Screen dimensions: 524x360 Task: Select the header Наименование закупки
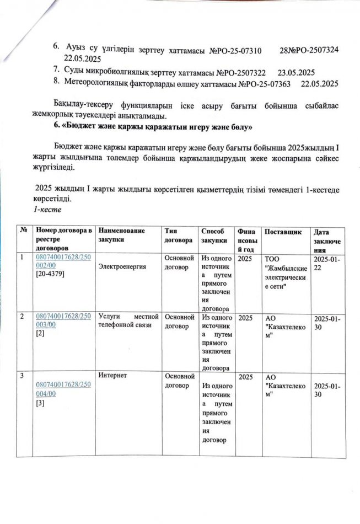pyautogui.click(x=122, y=236)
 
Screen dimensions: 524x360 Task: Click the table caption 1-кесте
pyautogui.click(x=44, y=210)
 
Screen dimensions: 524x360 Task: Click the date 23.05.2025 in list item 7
pyautogui.click(x=296, y=72)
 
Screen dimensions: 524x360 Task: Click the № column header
pyautogui.click(x=24, y=231)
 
